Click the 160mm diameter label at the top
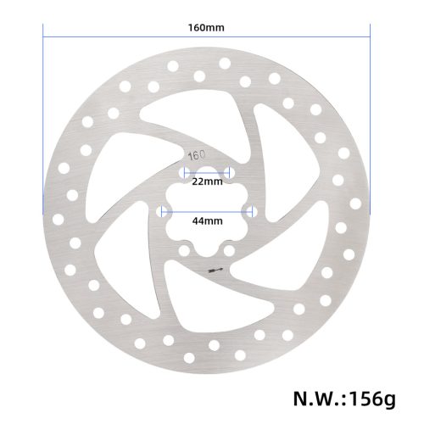click(206, 27)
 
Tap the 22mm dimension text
click(206, 181)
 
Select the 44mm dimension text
click(206, 221)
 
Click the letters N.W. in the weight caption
click(321, 397)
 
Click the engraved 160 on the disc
click(197, 155)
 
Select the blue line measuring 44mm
click(206, 210)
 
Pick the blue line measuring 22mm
click(206, 171)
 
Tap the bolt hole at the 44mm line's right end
click(249, 210)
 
